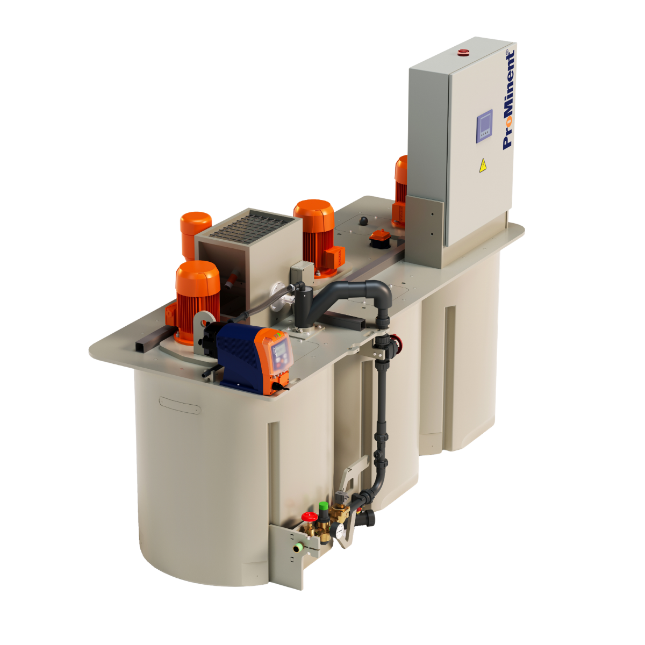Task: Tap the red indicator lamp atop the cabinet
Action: (x=463, y=51)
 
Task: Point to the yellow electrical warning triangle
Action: (x=482, y=166)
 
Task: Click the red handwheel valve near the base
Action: (x=309, y=517)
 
